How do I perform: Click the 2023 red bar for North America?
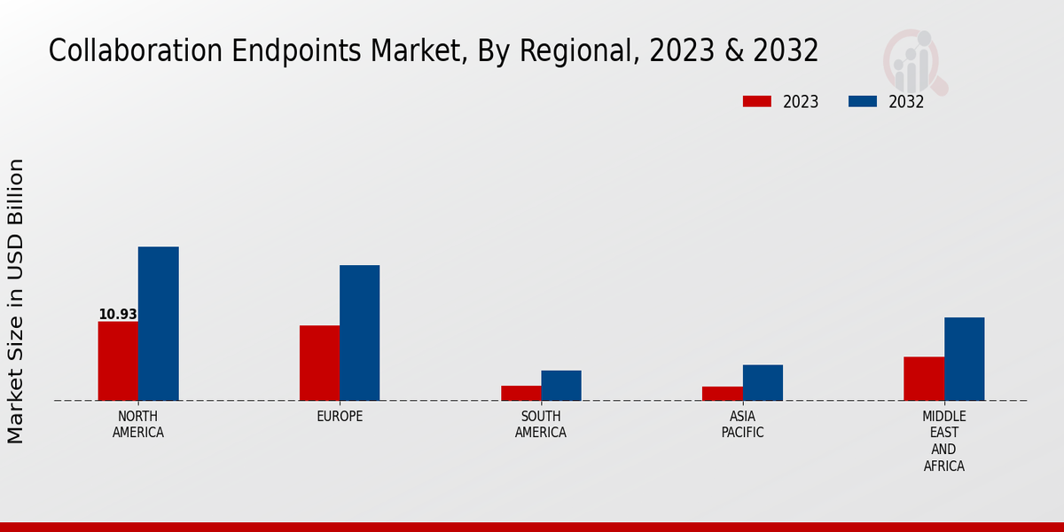pos(118,361)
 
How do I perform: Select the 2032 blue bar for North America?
pos(158,324)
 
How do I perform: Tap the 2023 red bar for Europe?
pos(319,363)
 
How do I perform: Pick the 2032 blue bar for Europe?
pos(359,332)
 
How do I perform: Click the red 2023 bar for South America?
pos(520,393)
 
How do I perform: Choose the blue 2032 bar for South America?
pos(561,385)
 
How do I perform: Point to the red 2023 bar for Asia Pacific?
pos(722,393)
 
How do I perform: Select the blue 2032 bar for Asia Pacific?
pos(763,382)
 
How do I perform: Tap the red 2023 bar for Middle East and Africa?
pos(924,379)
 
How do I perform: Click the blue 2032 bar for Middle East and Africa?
pos(964,359)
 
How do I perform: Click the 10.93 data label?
pos(118,315)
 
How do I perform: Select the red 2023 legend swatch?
pos(756,101)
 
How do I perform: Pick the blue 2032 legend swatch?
pos(862,101)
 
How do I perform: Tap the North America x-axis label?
pos(138,425)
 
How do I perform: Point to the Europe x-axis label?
pos(340,417)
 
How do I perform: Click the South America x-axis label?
pos(541,425)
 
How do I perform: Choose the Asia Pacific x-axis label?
pos(742,425)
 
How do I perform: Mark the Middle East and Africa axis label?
pos(943,441)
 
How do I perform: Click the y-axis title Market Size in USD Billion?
pos(16,301)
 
